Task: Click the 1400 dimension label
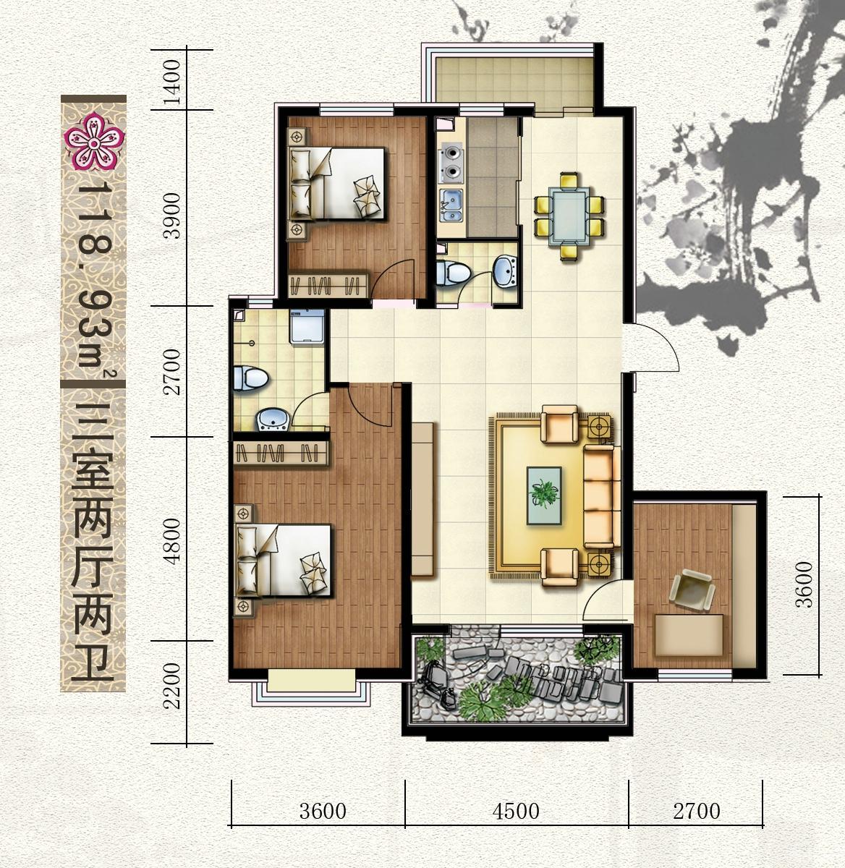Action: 172,82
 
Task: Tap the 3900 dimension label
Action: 172,216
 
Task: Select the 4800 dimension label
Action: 172,541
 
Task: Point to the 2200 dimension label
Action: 172,686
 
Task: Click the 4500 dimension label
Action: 516,812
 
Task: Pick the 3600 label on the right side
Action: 804,584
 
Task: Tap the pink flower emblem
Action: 94,141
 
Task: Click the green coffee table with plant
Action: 544,495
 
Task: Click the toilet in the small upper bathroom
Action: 453,272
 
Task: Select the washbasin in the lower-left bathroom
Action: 273,420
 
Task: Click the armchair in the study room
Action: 692,590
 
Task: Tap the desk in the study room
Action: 689,635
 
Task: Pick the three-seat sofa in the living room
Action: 601,495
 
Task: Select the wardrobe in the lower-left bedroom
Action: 281,454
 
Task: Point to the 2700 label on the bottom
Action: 697,812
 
